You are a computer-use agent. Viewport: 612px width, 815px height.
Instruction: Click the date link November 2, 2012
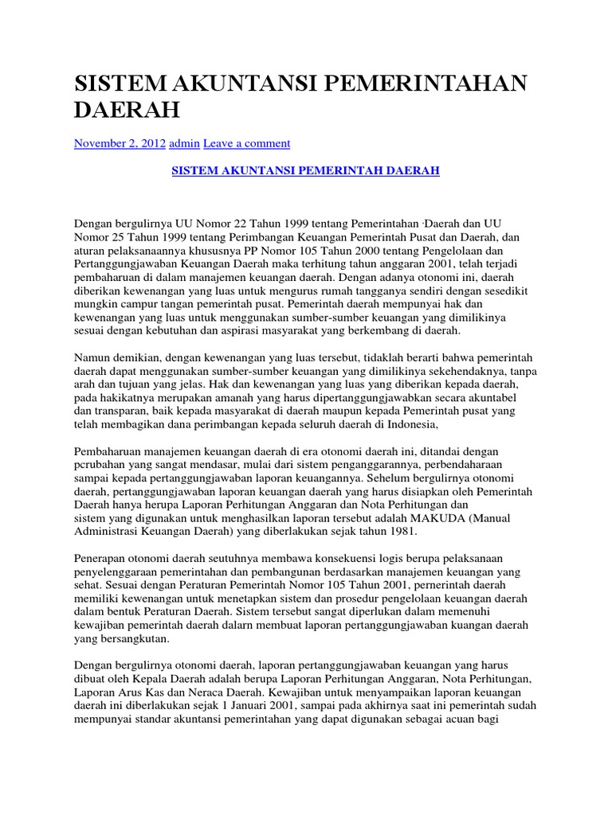[120, 143]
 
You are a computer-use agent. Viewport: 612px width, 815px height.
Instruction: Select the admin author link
[184, 143]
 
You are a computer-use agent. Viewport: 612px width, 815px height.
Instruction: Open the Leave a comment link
[247, 143]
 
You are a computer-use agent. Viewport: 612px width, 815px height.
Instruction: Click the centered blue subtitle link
[306, 171]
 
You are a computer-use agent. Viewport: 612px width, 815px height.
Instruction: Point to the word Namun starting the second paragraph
[92, 358]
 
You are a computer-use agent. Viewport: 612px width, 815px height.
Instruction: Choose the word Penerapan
[100, 559]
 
